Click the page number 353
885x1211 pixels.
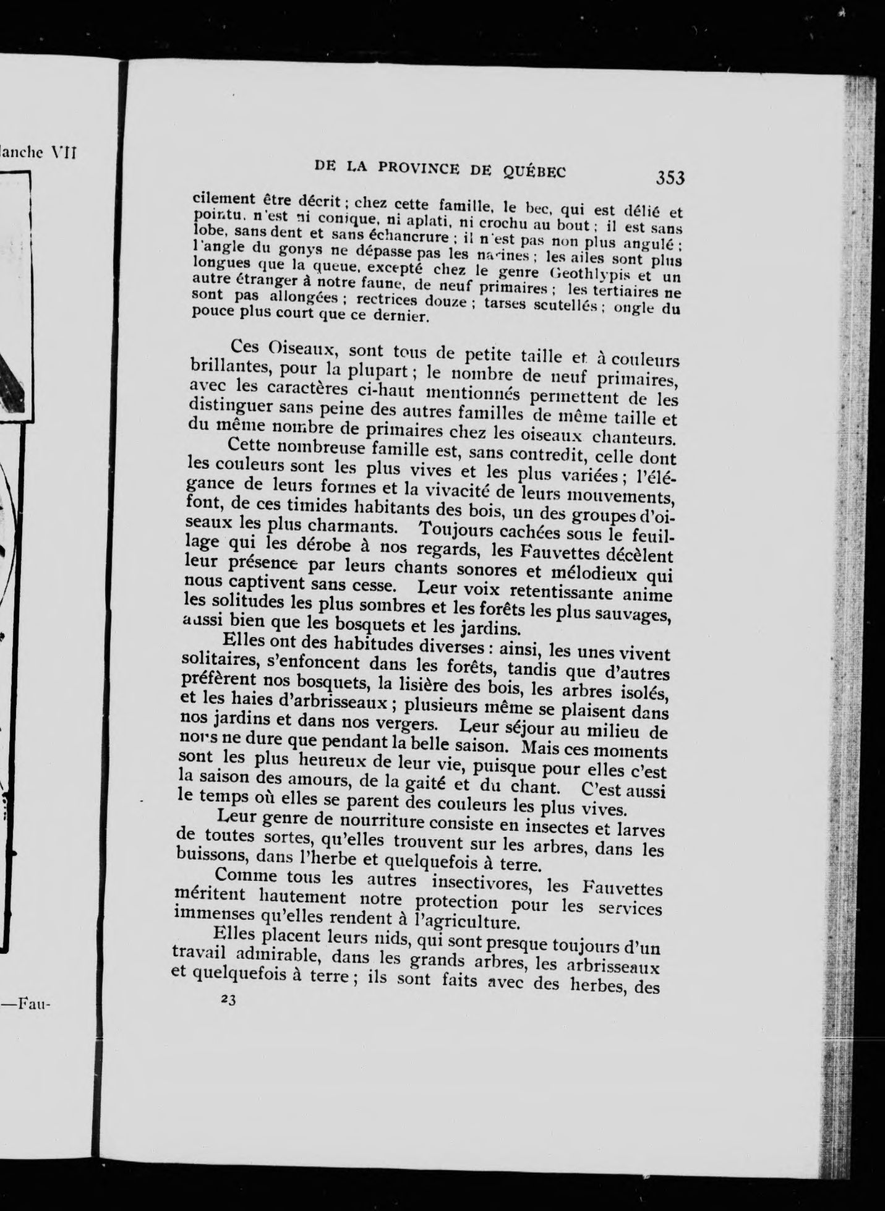tap(670, 178)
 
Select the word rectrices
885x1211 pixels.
tap(391, 299)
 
